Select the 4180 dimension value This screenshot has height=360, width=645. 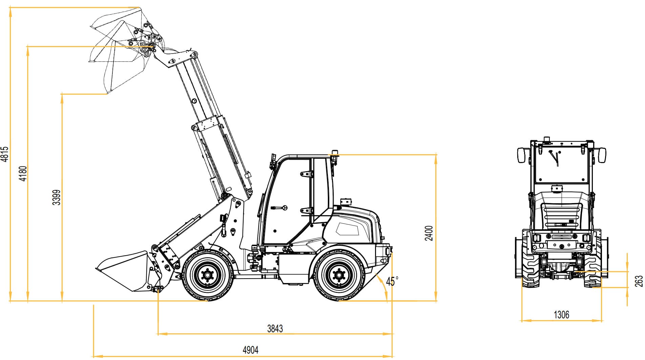click(x=23, y=174)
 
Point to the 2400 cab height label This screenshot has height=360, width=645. click(x=429, y=233)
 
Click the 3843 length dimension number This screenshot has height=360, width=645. click(x=275, y=328)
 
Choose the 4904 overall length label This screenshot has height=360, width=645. click(x=251, y=350)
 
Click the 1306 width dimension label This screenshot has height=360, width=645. click(x=561, y=315)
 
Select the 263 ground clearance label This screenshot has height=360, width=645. click(x=639, y=281)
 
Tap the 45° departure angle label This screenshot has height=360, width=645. click(x=392, y=281)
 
